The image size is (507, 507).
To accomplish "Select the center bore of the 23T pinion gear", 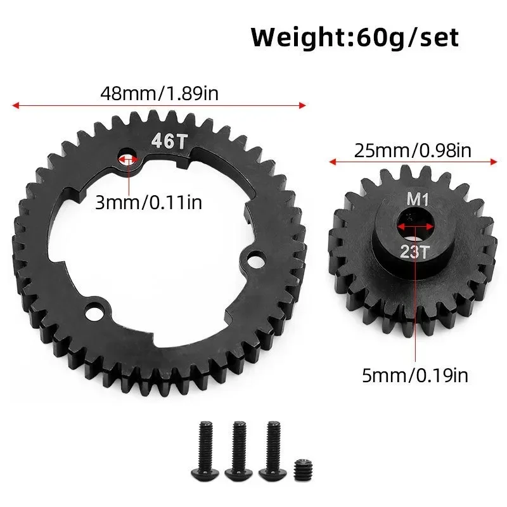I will tap(415, 224).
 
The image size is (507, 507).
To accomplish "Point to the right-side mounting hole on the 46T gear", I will tap(255, 259).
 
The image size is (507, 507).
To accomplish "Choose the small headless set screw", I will tap(302, 453).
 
